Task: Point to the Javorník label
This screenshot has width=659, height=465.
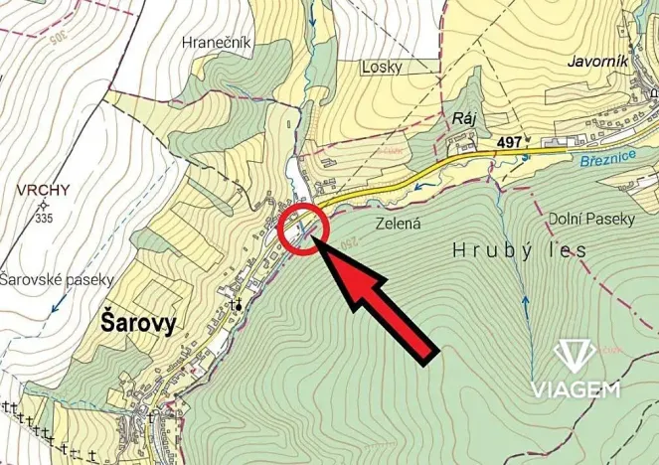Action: click(597, 61)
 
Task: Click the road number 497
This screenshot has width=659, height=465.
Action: click(509, 143)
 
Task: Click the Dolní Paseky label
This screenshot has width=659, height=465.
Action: click(591, 219)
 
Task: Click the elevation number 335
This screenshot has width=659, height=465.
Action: click(44, 217)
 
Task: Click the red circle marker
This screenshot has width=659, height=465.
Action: click(304, 230)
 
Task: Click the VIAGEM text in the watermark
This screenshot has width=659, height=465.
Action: click(575, 388)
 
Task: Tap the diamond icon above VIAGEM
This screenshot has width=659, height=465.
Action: click(574, 356)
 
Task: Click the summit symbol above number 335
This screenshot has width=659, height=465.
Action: click(43, 204)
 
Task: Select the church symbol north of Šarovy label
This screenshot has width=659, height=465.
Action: click(237, 305)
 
